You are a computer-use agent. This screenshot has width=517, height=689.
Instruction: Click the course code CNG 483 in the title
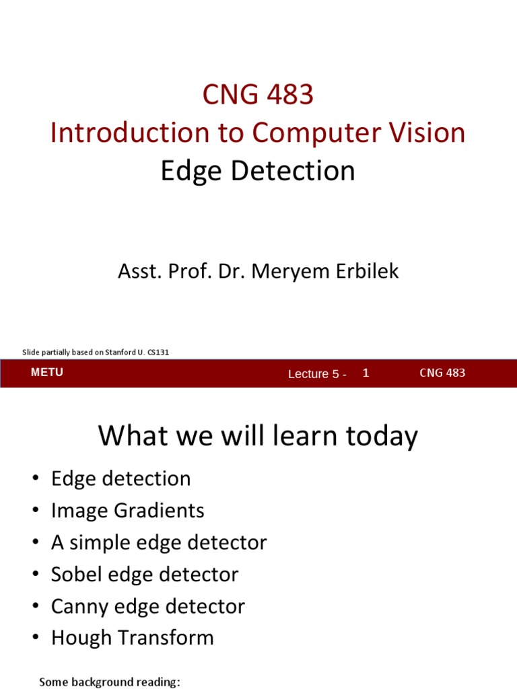[x=258, y=96]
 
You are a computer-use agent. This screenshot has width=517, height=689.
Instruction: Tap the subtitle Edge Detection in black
[x=258, y=171]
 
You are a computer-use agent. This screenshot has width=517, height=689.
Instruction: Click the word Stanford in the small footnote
[x=120, y=352]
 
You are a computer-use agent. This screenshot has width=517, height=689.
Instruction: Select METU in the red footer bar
[x=47, y=373]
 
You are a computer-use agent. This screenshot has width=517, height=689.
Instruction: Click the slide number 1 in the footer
[x=366, y=372]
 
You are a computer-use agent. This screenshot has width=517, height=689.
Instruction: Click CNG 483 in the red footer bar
[x=442, y=373]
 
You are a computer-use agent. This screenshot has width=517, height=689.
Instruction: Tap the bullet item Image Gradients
[x=127, y=511]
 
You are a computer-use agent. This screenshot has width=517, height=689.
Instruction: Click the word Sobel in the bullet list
[x=75, y=575]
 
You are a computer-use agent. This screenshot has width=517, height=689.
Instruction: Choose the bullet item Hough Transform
[x=132, y=638]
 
